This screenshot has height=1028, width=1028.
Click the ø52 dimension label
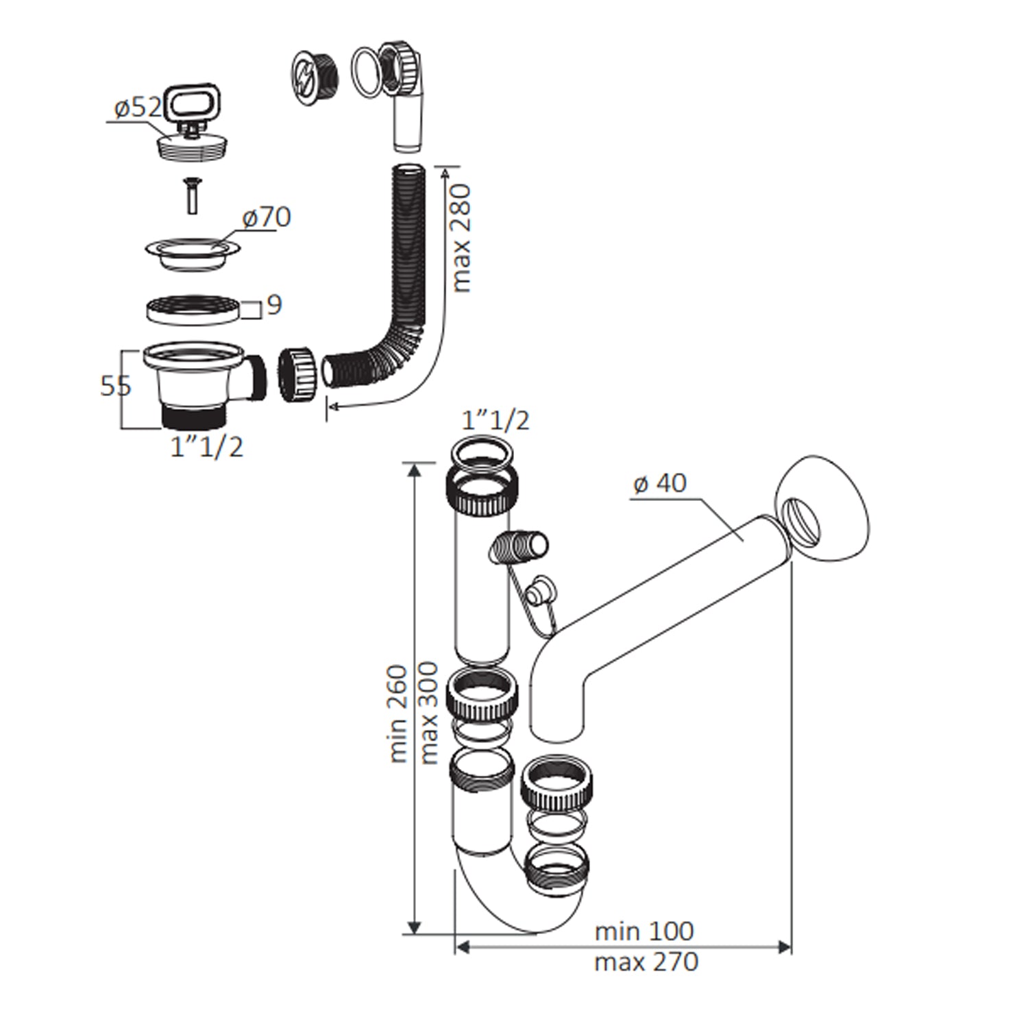(138, 108)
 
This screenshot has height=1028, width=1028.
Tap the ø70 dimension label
(267, 218)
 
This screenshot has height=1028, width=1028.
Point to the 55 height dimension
(115, 386)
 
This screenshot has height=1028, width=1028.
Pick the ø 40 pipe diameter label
(660, 483)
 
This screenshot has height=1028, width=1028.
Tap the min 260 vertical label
(398, 713)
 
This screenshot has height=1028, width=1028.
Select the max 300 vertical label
(428, 713)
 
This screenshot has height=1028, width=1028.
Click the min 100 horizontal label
(644, 931)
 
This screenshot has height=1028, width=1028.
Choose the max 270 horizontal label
(646, 962)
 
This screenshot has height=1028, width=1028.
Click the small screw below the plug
(191, 195)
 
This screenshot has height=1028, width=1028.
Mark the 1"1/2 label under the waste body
(206, 448)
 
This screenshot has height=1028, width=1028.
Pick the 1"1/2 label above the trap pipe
(495, 420)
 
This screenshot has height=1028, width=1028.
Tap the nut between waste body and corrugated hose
(296, 374)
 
